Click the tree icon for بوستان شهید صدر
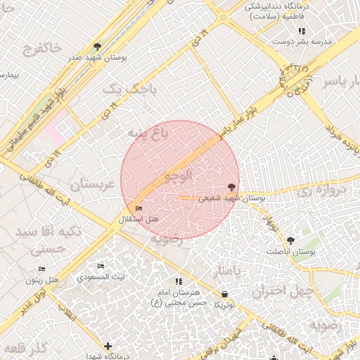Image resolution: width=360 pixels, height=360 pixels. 97,47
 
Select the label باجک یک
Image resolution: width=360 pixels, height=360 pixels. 122,89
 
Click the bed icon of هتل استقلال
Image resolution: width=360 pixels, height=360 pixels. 138,209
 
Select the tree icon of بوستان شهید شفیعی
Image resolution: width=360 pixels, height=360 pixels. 231,187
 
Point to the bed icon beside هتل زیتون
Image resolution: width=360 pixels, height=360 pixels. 41,269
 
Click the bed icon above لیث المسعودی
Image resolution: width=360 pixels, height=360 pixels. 101,266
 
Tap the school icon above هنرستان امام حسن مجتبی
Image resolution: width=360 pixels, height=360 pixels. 179,281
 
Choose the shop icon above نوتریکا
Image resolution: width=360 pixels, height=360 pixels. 224,294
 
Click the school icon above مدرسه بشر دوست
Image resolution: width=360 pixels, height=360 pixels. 302,31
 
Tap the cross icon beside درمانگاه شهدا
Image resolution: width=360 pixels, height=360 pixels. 107,346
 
